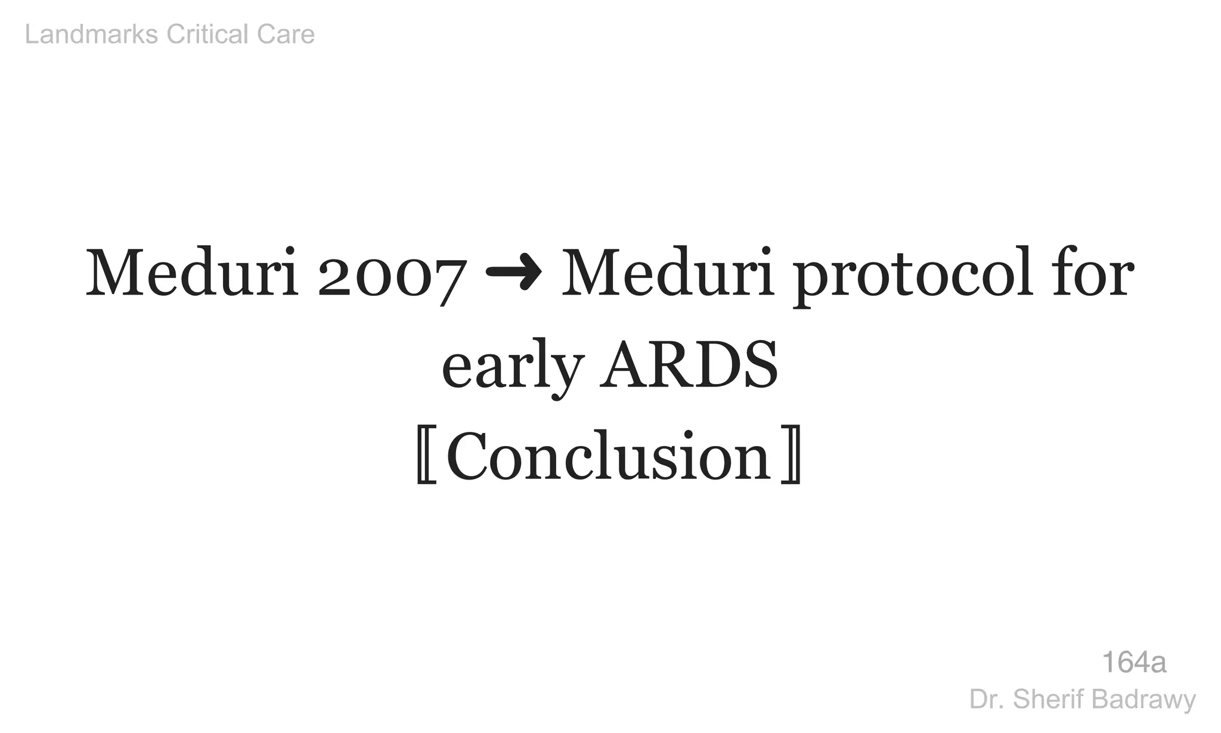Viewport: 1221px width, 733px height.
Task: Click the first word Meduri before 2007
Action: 192,274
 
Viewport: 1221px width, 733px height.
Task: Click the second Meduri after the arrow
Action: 668,274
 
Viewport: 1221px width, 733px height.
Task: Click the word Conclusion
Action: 609,456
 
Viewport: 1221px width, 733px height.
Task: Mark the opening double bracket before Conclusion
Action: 426,456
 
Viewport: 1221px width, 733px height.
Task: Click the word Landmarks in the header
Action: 91,35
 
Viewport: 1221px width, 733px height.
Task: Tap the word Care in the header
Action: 286,35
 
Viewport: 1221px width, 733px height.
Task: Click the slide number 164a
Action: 1133,662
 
